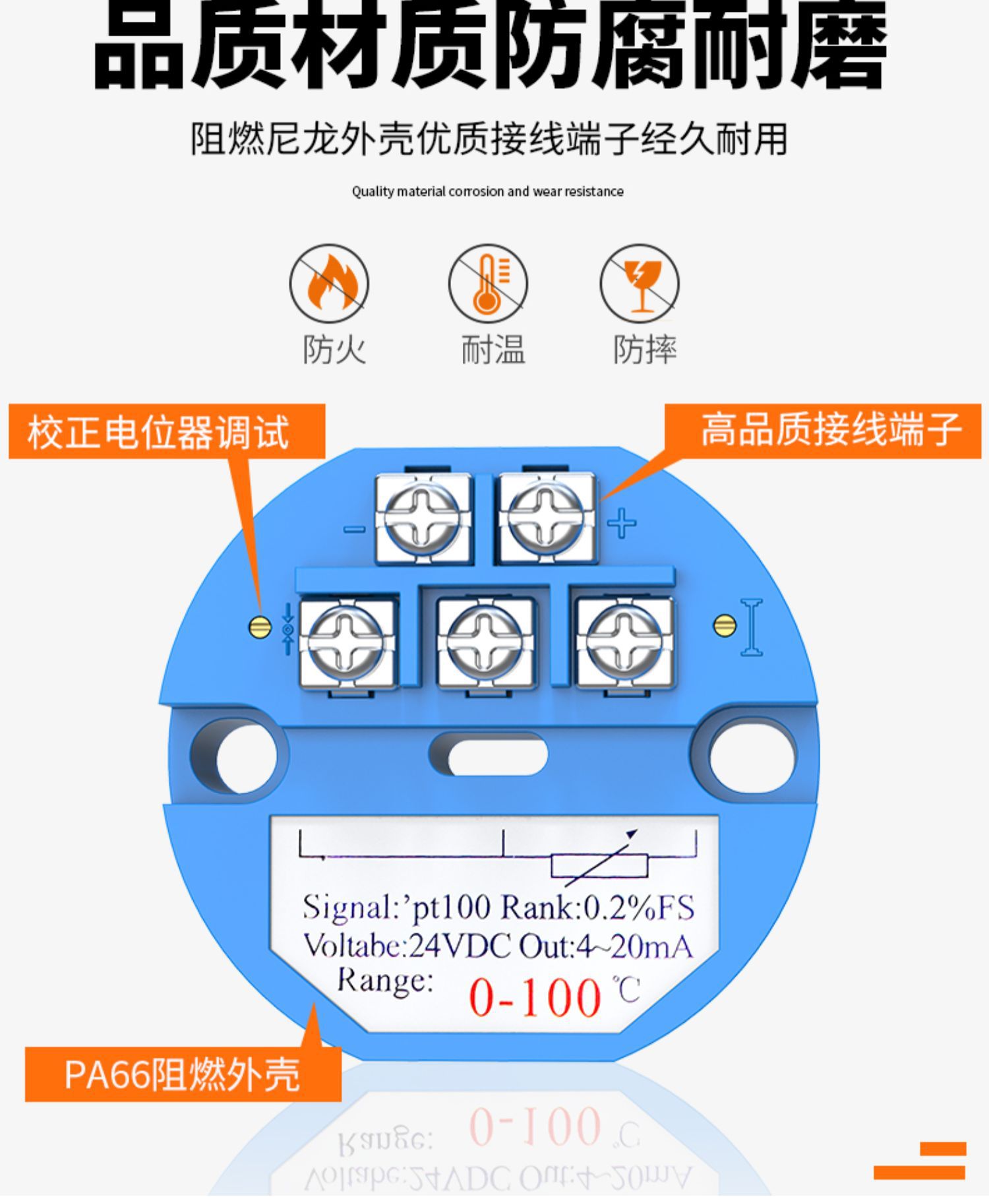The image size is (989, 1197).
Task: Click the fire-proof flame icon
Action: [x=329, y=284]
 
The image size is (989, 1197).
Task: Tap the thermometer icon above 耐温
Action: [x=488, y=284]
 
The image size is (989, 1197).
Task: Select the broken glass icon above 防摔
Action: [x=639, y=284]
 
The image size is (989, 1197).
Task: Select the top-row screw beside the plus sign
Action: [x=546, y=518]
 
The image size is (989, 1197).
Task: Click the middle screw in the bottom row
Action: [x=485, y=642]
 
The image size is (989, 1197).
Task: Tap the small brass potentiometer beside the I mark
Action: [x=725, y=626]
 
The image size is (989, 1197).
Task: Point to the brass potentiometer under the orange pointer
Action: [x=260, y=627]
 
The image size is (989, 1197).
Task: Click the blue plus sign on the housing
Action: [x=621, y=524]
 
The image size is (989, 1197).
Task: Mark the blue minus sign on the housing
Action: [x=354, y=529]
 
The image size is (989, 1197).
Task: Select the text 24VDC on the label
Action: [x=460, y=947]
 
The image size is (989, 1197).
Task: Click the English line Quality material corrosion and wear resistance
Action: [x=487, y=192]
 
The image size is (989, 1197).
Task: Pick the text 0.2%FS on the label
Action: [x=640, y=908]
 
